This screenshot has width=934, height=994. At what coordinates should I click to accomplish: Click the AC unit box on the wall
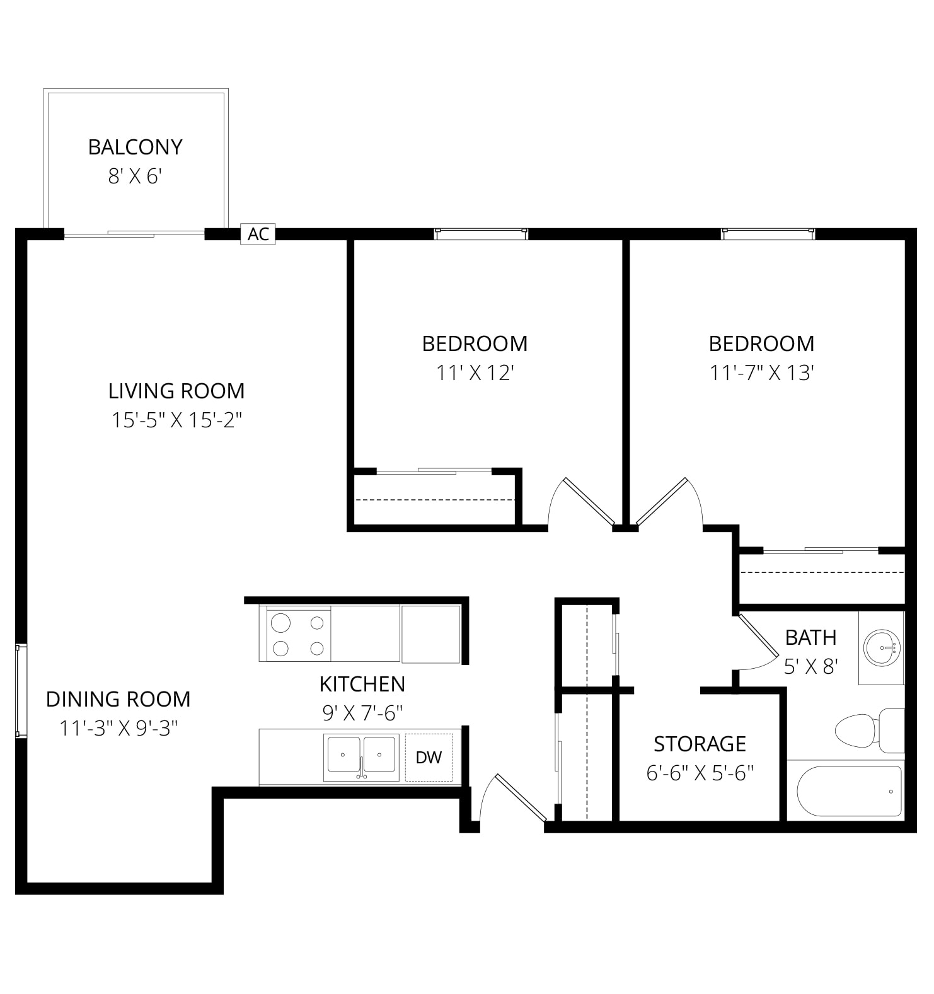coord(258,234)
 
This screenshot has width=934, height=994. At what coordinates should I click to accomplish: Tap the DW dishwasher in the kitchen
coord(429,757)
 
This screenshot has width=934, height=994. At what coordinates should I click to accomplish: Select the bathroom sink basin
coord(882,647)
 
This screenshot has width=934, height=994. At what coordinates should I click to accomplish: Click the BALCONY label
coord(135,147)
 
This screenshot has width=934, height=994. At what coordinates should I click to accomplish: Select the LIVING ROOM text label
coord(176,391)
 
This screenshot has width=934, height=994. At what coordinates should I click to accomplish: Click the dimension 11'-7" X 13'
coord(762,373)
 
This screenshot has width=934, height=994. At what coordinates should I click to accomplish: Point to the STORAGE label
coord(700,744)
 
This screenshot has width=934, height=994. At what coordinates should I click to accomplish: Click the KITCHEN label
coord(362,684)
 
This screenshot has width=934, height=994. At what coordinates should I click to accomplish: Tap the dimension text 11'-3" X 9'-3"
coord(118,729)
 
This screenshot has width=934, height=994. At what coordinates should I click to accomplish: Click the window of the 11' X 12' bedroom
coord(481,234)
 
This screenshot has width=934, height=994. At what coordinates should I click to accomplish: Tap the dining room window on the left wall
coord(21,690)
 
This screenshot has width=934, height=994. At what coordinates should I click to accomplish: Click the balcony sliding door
coord(134,234)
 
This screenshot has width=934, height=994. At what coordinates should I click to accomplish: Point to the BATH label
coord(810,637)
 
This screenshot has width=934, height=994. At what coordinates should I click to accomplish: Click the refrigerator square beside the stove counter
coord(430,634)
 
